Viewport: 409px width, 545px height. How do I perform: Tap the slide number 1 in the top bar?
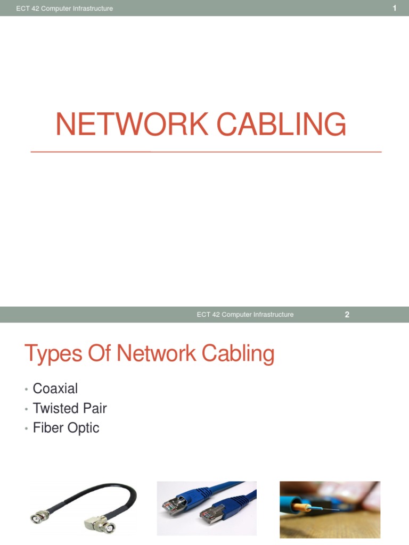point(395,8)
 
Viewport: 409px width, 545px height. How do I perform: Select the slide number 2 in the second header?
point(347,315)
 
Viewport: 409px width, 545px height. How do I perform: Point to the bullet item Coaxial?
point(55,389)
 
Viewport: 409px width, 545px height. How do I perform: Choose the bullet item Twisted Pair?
point(69,408)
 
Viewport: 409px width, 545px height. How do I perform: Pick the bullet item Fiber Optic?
point(66,428)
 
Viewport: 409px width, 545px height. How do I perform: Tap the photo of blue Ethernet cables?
point(206,508)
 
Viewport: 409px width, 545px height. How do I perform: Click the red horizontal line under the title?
point(206,152)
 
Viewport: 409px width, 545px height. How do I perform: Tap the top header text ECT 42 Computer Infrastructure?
point(64,9)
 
